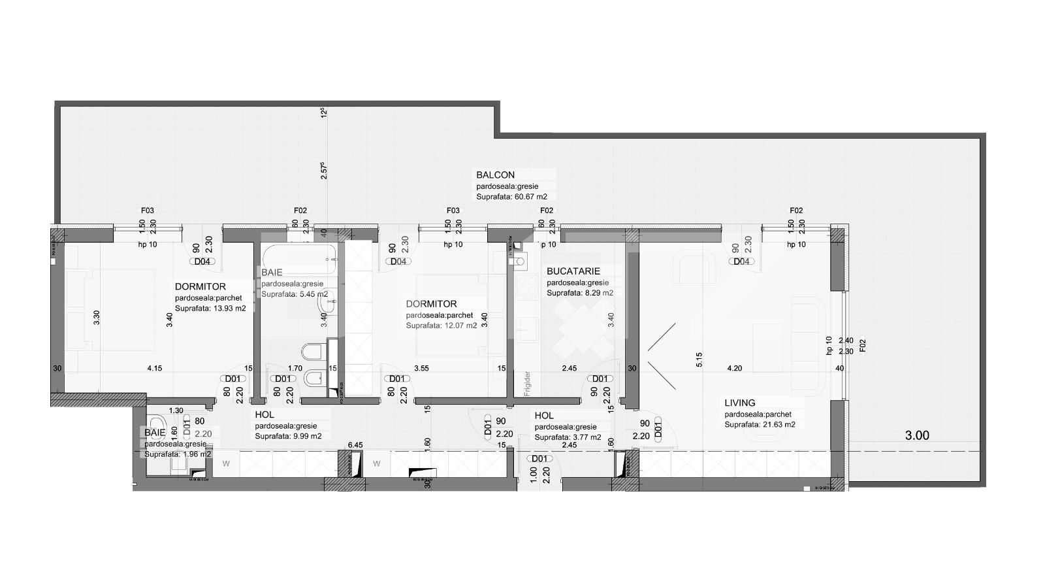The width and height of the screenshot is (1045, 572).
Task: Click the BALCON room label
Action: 495,175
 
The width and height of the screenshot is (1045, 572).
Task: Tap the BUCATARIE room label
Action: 573,271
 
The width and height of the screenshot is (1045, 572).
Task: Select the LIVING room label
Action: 739,403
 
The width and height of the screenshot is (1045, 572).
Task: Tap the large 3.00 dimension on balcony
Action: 916,435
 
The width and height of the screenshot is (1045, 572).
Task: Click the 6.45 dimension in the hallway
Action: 355,445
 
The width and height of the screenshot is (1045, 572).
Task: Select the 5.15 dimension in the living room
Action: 699,360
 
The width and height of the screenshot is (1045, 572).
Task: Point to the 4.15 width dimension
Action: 154,369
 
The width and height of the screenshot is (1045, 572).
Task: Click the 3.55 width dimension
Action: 421,369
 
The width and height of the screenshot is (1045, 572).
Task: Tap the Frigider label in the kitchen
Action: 527,384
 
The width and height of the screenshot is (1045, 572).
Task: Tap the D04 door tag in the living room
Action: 741,261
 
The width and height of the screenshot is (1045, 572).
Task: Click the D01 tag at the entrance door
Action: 539,459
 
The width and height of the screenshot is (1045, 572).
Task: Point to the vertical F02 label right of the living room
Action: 862,345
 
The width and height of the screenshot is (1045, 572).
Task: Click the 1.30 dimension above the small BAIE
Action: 176,411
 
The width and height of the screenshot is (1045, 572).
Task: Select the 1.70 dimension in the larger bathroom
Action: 295,369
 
